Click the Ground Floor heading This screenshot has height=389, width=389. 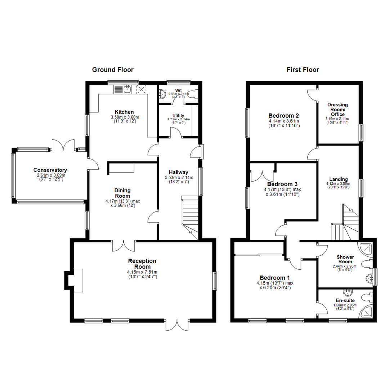[x=113, y=70]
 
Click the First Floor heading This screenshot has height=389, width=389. [x=303, y=70]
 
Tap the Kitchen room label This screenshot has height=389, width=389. [x=124, y=112]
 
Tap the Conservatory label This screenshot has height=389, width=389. [x=50, y=170]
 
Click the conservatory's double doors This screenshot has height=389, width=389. [x=63, y=145]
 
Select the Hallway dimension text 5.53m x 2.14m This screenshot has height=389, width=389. [x=179, y=178]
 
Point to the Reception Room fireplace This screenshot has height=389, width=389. [x=74, y=279]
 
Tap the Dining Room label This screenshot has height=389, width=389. [x=122, y=193]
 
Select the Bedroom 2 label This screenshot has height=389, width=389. [x=284, y=116]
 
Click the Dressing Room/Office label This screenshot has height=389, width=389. [x=337, y=109]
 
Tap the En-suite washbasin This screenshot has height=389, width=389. [x=348, y=292]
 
